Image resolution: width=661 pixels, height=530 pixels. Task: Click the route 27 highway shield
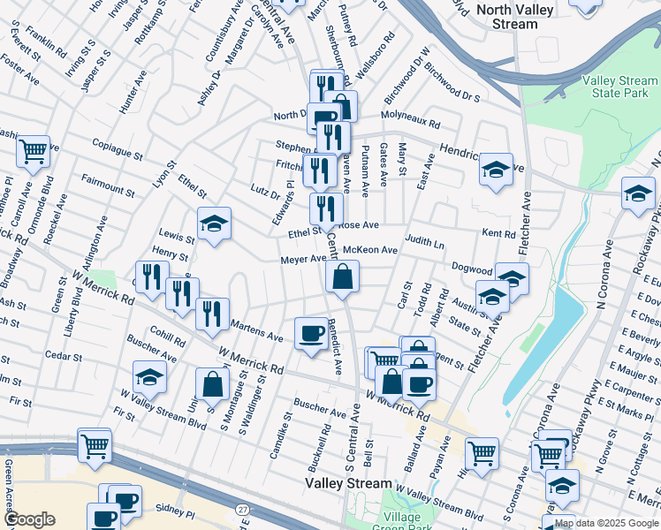point(242,510)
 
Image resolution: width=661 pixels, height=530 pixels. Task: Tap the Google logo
point(28,519)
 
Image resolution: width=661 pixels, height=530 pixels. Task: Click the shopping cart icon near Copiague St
point(33,152)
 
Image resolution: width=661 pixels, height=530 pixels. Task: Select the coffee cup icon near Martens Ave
point(311,333)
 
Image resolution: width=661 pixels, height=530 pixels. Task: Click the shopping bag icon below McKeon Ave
point(342,276)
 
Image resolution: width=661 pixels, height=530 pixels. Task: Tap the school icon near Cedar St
point(150,377)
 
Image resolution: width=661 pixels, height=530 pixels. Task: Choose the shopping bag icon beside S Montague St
point(213,383)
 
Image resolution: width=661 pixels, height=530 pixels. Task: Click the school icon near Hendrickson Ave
point(497,169)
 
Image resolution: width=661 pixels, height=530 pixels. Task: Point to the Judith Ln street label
point(425,240)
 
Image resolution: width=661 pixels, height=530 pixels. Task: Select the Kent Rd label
point(498,234)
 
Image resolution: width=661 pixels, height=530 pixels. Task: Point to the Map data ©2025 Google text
point(605,523)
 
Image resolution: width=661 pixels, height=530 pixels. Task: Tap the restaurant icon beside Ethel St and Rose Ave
point(326,208)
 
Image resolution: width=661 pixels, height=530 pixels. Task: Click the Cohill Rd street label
point(167,342)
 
